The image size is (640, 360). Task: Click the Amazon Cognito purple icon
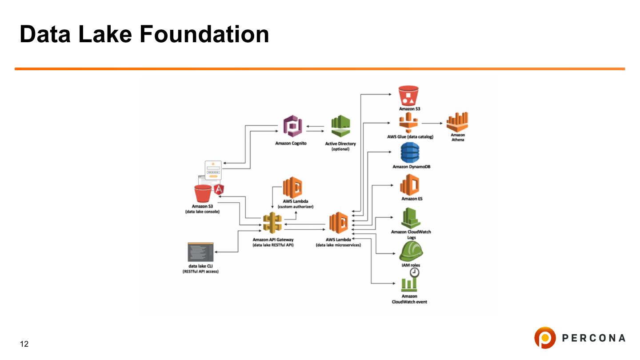(x=293, y=127)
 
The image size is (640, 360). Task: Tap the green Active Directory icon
(x=341, y=127)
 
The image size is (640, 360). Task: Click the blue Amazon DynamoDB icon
(x=410, y=153)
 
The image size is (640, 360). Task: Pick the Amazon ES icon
(x=410, y=184)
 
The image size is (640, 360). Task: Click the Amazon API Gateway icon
(x=272, y=222)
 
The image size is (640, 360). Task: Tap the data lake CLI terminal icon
(x=200, y=252)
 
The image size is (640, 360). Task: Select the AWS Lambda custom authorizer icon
(x=293, y=188)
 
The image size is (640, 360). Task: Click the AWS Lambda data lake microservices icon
(x=338, y=222)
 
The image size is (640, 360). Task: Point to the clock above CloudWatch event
(x=415, y=272)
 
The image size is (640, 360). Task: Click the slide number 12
(x=24, y=344)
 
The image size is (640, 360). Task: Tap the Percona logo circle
(x=544, y=338)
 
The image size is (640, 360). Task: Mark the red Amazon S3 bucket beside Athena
(x=409, y=96)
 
